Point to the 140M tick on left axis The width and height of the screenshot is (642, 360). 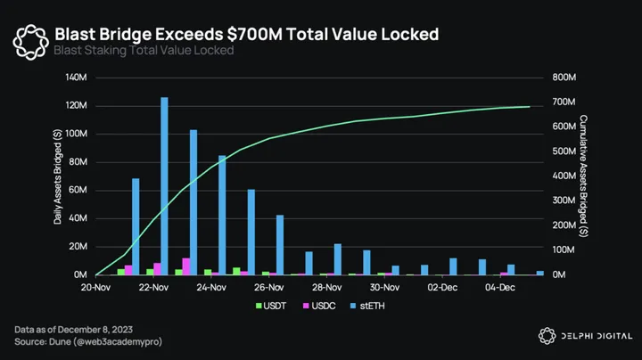[76, 78]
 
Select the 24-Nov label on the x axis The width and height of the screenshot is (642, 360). [211, 288]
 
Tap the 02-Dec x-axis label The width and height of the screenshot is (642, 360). [443, 288]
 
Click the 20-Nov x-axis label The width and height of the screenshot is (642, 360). [95, 288]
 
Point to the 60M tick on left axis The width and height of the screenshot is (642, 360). [78, 191]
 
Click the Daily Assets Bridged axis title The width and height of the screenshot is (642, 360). [57, 176]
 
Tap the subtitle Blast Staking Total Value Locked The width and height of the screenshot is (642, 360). [144, 51]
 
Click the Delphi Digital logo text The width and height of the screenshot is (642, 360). [595, 335]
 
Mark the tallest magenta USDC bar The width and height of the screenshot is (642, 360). [186, 266]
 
